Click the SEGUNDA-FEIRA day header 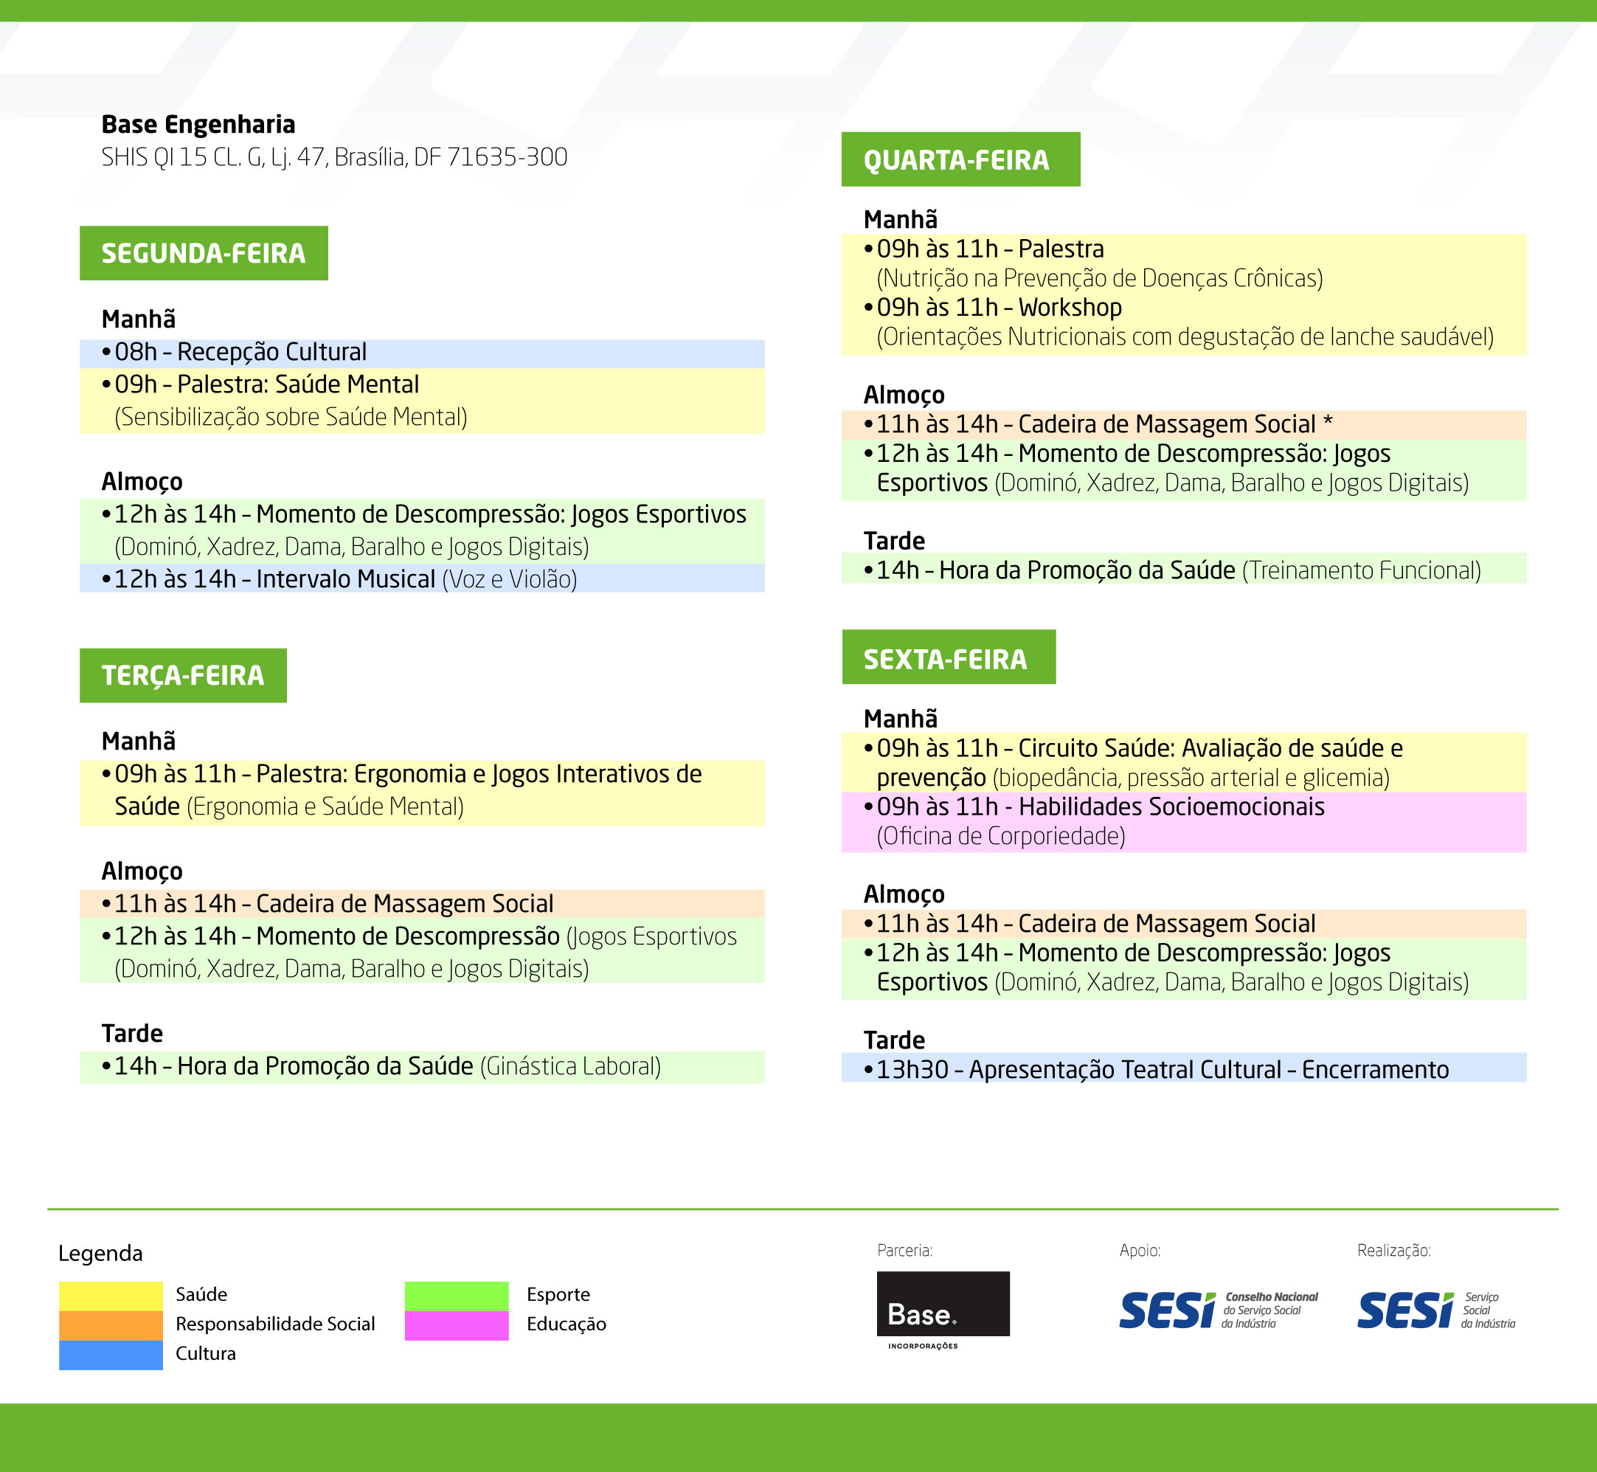pos(203,253)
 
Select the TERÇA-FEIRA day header pos(183,675)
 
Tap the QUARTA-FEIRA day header pos(960,159)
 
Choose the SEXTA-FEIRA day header pos(948,657)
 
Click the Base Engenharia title pos(198,125)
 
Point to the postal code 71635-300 pos(507,157)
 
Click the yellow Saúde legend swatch pos(111,1295)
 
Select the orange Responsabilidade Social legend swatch pos(111,1325)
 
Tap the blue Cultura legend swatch pos(111,1355)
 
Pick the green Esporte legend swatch pos(456,1296)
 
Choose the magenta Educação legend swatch pos(456,1325)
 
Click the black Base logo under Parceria pos(943,1304)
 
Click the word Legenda pos(100,1254)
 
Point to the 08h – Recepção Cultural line pos(234,352)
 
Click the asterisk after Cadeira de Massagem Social pos(1327,421)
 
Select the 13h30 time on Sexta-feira pos(912,1070)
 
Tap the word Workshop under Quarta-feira pos(1070,308)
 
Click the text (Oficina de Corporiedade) pos(1001,837)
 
